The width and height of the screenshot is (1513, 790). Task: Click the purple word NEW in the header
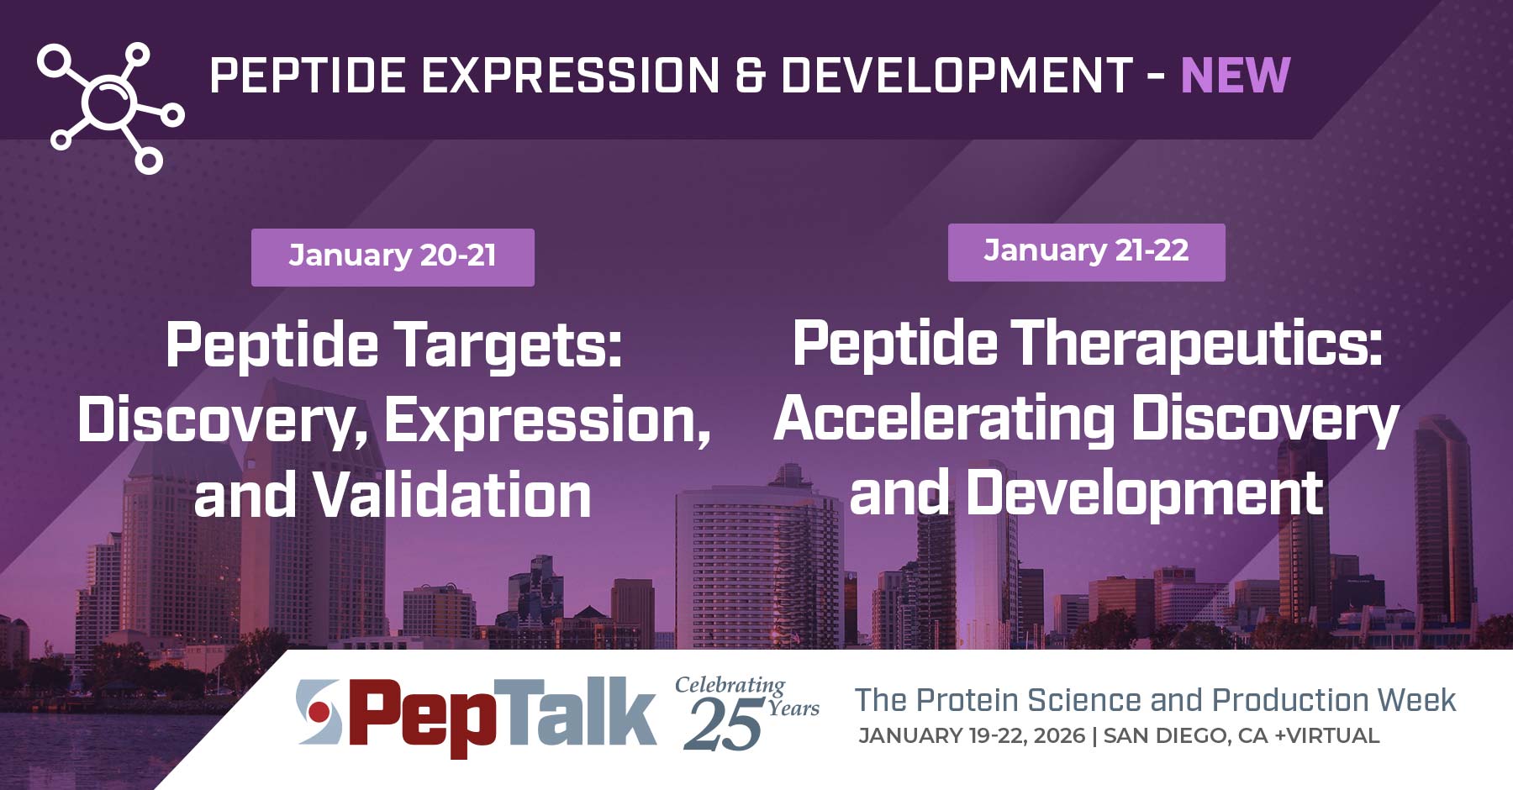[x=1235, y=76]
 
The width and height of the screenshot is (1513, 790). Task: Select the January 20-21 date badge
[x=393, y=256]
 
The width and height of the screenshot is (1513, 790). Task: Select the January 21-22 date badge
[x=1086, y=251]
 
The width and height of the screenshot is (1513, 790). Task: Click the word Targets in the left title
[x=508, y=345]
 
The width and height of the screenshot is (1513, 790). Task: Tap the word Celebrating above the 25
[x=730, y=685]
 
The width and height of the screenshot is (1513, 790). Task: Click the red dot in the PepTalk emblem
[x=319, y=713]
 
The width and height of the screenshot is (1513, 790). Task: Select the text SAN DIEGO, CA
[x=1185, y=736]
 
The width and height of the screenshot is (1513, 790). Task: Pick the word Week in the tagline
[x=1417, y=700]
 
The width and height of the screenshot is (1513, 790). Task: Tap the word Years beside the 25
[x=793, y=708]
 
